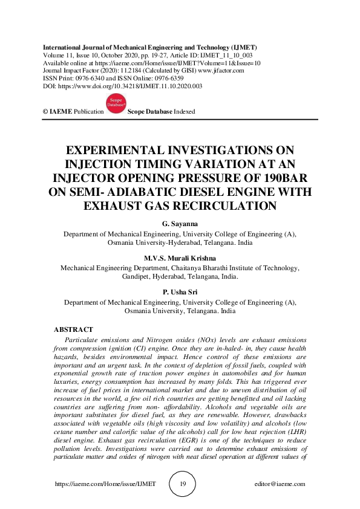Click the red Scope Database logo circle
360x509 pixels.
coord(116,105)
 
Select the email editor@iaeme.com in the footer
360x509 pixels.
coord(280,484)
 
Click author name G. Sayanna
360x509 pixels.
coord(180,224)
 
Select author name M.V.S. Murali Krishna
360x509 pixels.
coord(180,257)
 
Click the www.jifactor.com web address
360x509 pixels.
coord(218,71)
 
